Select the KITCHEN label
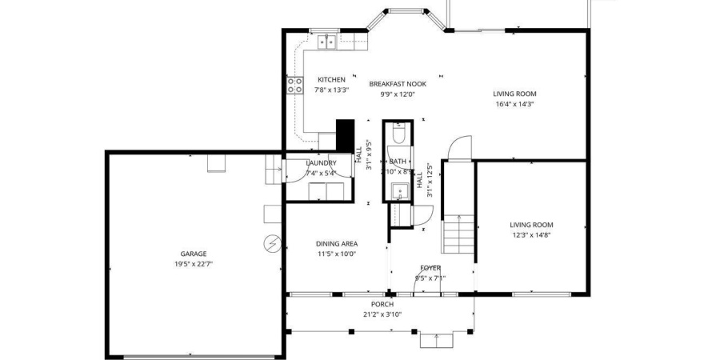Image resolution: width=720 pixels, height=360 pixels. (x=331, y=80)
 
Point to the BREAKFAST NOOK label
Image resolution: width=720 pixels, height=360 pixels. (x=398, y=84)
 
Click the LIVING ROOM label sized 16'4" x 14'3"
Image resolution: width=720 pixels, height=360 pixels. (x=514, y=94)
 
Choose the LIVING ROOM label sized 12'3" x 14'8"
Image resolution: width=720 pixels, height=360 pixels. (x=532, y=225)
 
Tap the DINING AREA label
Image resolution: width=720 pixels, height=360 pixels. (x=337, y=244)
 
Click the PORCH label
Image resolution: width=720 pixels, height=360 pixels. (x=382, y=305)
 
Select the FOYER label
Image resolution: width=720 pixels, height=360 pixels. (x=430, y=268)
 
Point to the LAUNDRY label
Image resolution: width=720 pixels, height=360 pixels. (x=322, y=163)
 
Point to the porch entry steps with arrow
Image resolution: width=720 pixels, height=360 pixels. (x=437, y=340)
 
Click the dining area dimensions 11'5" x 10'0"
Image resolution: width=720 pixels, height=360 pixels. (x=337, y=254)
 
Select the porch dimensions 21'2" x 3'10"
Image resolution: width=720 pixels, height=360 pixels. (x=382, y=314)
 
